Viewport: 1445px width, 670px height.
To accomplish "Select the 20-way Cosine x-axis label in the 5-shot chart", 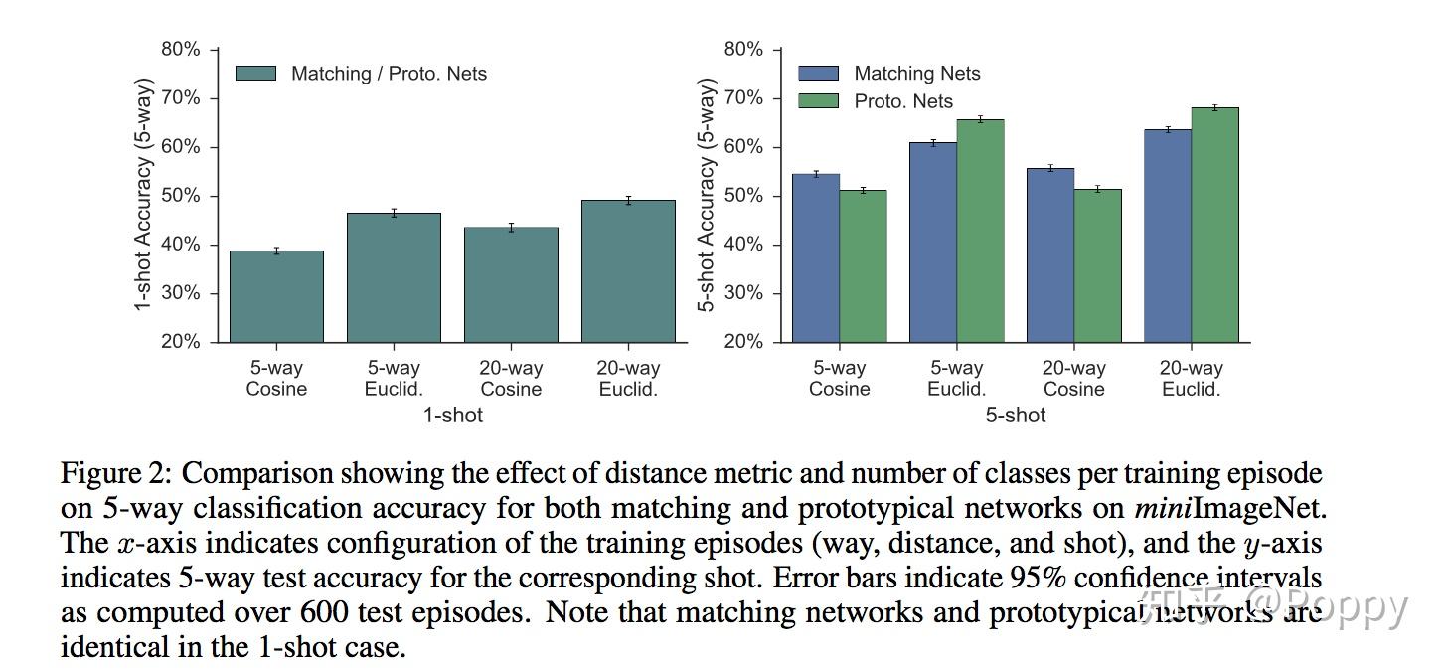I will (x=1073, y=379).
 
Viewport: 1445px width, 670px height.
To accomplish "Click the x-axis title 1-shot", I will (x=452, y=416).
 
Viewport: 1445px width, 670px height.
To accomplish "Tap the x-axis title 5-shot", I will (x=1015, y=416).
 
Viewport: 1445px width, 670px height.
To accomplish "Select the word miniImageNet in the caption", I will (x=1229, y=509).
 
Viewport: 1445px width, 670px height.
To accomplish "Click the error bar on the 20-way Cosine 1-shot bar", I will (x=511, y=228).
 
